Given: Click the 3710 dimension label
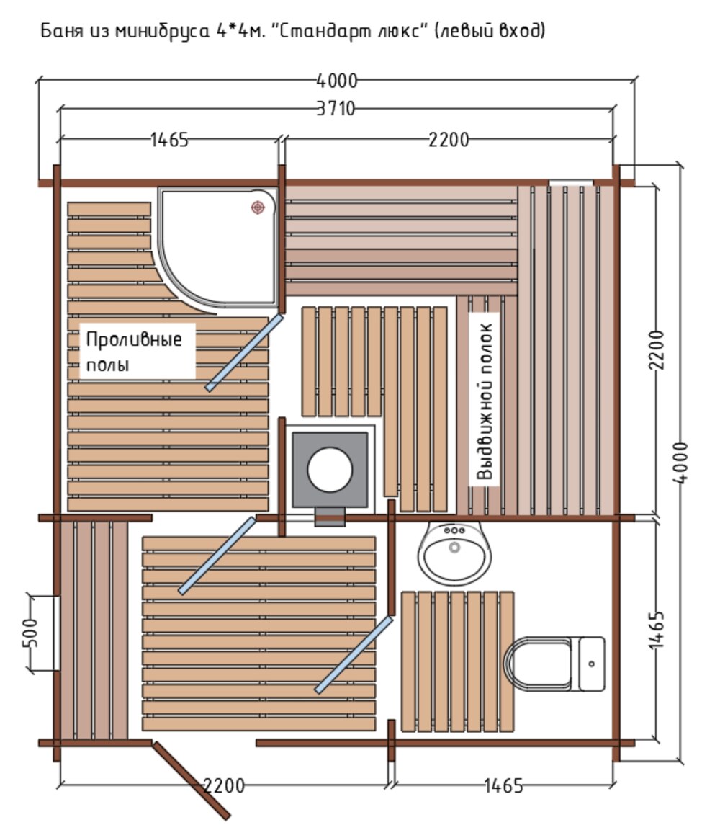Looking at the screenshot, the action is pos(336,108).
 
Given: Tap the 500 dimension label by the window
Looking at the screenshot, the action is pos(32,633).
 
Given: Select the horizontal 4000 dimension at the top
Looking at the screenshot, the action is pos(336,81).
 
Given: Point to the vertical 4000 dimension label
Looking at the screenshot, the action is pos(680,463).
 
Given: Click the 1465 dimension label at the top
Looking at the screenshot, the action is pos(168,140).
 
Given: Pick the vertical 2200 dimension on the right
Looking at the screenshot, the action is pos(657,350).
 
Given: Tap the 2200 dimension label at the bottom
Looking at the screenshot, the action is pos(224,785).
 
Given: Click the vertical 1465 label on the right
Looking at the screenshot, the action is pos(657,630).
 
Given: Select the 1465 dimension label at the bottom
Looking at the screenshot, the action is pos(503,785).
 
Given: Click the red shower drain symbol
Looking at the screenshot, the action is pos(257,208).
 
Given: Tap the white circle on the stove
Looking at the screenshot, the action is pos(330,469).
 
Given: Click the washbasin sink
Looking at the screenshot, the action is pos(455,553).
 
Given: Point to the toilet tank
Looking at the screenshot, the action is pos(592,664).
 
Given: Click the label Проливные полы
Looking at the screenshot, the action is pos(134,351).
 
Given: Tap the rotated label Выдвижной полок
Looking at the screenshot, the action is pos(485,401).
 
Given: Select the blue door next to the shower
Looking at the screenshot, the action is pos(244,352).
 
